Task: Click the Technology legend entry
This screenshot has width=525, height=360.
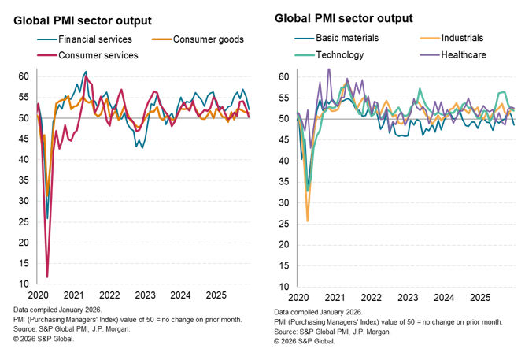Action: click(339, 55)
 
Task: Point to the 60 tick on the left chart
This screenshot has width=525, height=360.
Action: click(24, 76)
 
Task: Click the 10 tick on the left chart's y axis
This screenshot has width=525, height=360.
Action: click(24, 284)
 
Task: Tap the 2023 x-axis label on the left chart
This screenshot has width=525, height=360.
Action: click(144, 295)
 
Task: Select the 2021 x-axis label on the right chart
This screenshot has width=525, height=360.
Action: click(335, 298)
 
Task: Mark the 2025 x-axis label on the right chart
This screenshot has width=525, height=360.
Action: click(479, 298)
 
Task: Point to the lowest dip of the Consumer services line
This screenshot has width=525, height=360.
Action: click(47, 276)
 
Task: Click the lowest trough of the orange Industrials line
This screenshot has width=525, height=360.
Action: click(307, 221)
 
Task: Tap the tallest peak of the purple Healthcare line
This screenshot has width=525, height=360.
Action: click(328, 69)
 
